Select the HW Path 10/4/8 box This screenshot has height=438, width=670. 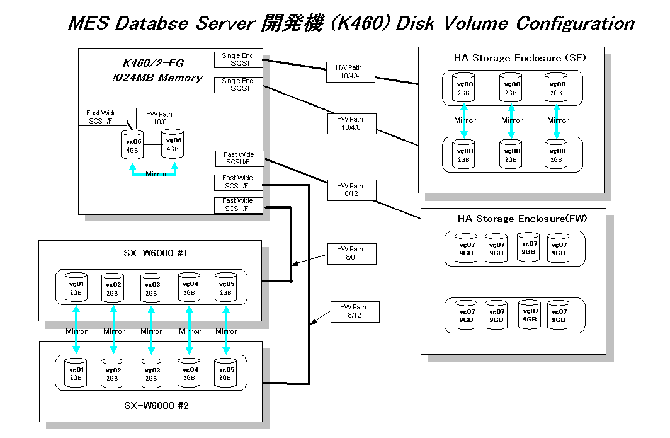[x=350, y=124]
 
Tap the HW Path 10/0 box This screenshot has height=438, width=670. [x=161, y=118]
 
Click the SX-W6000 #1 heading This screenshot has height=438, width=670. [x=151, y=253]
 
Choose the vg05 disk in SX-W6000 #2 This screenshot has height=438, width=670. [x=225, y=372]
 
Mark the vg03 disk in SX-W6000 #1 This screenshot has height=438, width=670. [x=151, y=287]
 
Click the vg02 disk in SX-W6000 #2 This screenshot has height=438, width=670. [x=113, y=373]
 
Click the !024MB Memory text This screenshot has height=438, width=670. [x=162, y=78]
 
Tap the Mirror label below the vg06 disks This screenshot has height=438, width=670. [x=156, y=174]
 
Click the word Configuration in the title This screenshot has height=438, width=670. [x=575, y=24]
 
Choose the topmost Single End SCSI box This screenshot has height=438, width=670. [x=237, y=59]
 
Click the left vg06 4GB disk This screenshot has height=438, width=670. [x=132, y=144]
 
